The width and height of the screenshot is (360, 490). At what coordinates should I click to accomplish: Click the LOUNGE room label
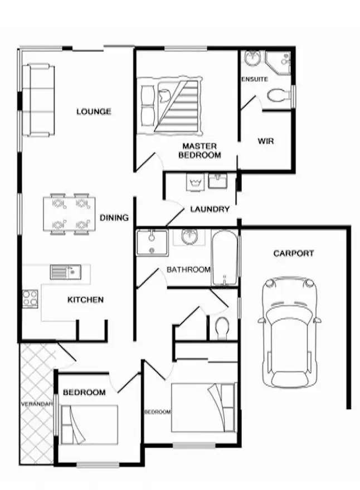click(x=94, y=111)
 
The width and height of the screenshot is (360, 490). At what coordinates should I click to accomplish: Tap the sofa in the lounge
click(x=39, y=100)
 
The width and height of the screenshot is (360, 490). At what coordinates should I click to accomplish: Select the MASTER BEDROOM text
click(x=200, y=151)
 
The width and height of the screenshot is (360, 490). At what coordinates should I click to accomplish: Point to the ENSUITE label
click(x=255, y=79)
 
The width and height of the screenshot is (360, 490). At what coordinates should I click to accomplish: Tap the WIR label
click(x=265, y=141)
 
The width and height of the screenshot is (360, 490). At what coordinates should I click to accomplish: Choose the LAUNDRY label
click(x=210, y=210)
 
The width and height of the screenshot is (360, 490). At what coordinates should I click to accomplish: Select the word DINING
click(x=114, y=217)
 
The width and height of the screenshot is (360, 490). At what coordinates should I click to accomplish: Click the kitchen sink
click(x=66, y=272)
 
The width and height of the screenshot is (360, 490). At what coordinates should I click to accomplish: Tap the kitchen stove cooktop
click(x=30, y=298)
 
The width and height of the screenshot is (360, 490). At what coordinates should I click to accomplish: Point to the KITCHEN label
click(x=85, y=300)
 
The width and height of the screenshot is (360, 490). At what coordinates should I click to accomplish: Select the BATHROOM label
click(x=188, y=270)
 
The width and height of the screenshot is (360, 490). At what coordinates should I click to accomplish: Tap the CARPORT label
click(x=293, y=253)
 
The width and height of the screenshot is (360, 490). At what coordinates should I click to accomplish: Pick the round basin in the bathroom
click(x=189, y=236)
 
